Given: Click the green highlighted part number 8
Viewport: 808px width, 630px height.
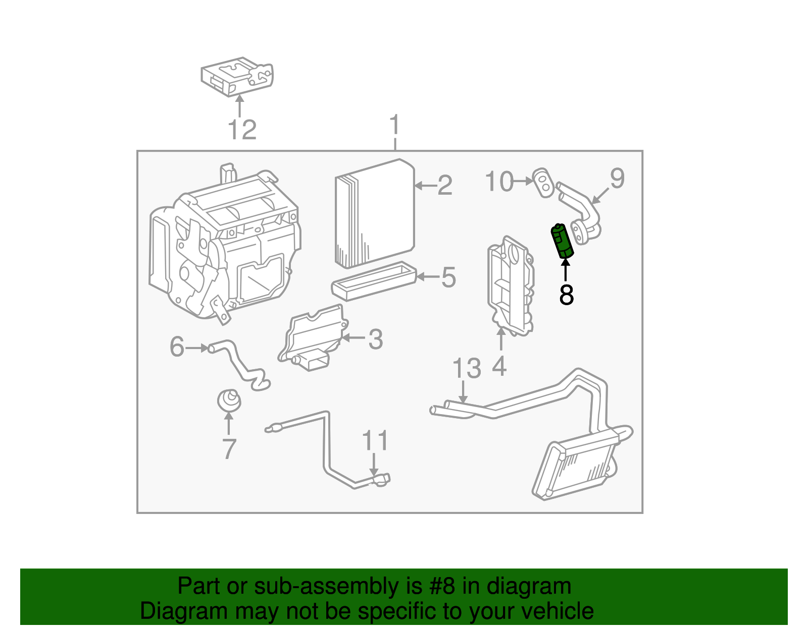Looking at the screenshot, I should pyautogui.click(x=562, y=241).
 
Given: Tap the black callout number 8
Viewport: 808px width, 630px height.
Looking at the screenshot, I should pyautogui.click(x=566, y=295).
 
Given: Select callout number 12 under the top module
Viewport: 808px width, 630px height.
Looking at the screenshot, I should pyautogui.click(x=242, y=130).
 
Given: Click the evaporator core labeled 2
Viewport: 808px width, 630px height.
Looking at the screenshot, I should pyautogui.click(x=374, y=214).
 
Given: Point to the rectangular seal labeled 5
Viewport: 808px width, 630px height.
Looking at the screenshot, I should pyautogui.click(x=374, y=281).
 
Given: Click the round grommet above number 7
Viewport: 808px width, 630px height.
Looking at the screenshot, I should pyautogui.click(x=229, y=400).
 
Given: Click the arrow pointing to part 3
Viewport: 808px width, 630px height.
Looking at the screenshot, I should pyautogui.click(x=353, y=338).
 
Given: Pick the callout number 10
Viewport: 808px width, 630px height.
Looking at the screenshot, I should pyautogui.click(x=499, y=181).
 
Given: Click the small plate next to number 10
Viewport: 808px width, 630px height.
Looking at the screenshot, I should pyautogui.click(x=543, y=183).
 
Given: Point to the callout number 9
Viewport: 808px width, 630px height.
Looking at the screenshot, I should pyautogui.click(x=617, y=178).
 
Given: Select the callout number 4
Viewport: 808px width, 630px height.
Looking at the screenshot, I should pyautogui.click(x=499, y=366).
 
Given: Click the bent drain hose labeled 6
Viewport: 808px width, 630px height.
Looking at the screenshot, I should pyautogui.click(x=237, y=363).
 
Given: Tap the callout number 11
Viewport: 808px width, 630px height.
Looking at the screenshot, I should pyautogui.click(x=375, y=440).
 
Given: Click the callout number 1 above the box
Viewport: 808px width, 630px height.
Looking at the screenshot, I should pyautogui.click(x=394, y=125).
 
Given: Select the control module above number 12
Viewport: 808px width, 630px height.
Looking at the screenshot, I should pyautogui.click(x=237, y=77).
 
